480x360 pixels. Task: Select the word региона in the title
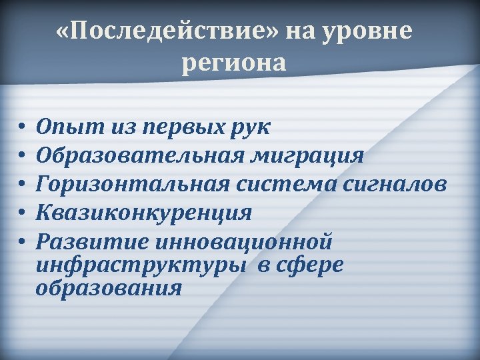point(233,63)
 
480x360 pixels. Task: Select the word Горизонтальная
point(127,184)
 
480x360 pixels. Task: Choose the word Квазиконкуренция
point(144,213)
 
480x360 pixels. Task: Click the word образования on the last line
point(109,289)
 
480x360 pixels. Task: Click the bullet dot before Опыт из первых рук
point(21,127)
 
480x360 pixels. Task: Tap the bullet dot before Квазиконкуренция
point(21,213)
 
